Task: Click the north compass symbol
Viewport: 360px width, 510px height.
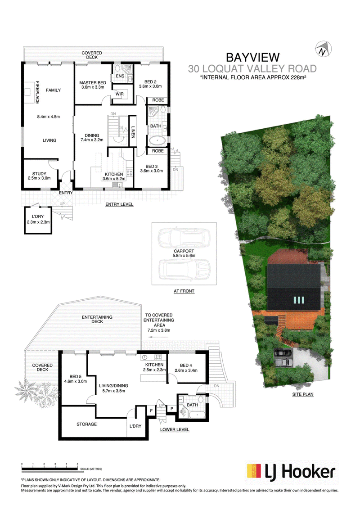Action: (323, 50)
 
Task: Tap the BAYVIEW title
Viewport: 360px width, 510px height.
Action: (253, 58)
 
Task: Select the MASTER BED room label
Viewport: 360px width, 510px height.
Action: (93, 83)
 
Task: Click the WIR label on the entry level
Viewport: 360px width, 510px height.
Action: (120, 94)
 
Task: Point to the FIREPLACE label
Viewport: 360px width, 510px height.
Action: (37, 92)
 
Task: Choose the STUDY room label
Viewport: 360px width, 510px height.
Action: (39, 174)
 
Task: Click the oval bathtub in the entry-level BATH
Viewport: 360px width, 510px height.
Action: (157, 141)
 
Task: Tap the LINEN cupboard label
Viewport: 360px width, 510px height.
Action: (133, 132)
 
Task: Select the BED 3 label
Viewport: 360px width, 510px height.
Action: (152, 166)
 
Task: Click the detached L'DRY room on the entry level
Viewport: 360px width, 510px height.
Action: (38, 220)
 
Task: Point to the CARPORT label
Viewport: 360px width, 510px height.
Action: (184, 251)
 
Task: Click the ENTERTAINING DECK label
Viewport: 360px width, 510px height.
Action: (97, 320)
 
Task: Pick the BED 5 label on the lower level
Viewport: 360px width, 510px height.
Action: (76, 377)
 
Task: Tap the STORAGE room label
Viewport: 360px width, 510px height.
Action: (86, 424)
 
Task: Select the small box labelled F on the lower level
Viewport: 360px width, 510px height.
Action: (152, 411)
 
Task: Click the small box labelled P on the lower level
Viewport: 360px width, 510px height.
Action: (172, 409)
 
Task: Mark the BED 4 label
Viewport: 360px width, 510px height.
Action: (186, 365)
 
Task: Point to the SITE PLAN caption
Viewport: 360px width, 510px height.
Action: (303, 394)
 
